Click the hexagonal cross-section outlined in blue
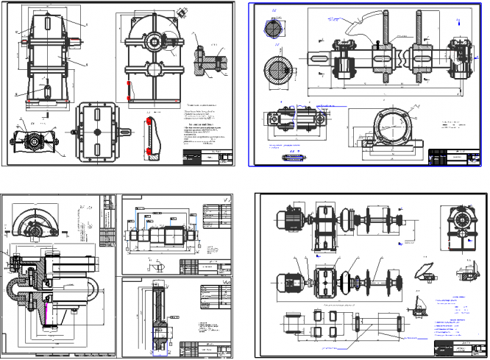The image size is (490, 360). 272,29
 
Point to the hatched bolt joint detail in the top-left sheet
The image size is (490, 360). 209,62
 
